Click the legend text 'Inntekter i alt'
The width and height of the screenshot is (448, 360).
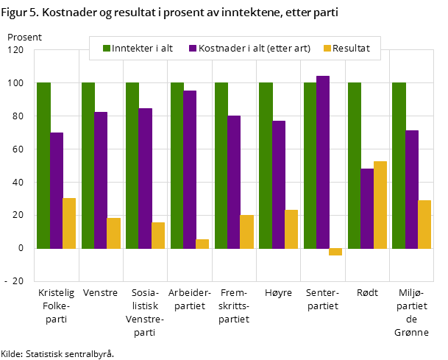(x=142, y=49)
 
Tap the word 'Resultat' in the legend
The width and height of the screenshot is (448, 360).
(x=351, y=49)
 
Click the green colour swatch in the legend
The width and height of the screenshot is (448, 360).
(x=107, y=49)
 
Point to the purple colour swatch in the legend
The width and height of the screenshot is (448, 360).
(x=193, y=49)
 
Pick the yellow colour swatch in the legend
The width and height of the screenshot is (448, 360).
(x=327, y=49)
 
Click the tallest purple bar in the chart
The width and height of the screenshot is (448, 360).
(x=323, y=162)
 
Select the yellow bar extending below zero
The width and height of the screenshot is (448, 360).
(x=335, y=252)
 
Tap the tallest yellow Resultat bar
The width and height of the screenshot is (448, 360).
(x=380, y=205)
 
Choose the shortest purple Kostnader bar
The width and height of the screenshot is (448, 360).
(x=367, y=208)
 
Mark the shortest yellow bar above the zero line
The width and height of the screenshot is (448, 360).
(x=202, y=244)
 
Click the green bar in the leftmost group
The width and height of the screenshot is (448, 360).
(x=43, y=166)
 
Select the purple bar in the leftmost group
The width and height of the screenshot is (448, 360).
(x=57, y=191)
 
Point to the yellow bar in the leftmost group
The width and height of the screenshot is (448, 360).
(x=69, y=223)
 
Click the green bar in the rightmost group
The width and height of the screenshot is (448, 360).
(x=399, y=166)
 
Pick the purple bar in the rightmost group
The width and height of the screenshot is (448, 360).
(x=412, y=189)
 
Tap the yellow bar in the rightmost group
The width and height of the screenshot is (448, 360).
(x=424, y=225)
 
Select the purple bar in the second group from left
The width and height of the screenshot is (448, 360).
(x=101, y=180)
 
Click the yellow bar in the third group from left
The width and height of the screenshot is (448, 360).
(x=158, y=236)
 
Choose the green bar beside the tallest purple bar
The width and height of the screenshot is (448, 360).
(x=310, y=166)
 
